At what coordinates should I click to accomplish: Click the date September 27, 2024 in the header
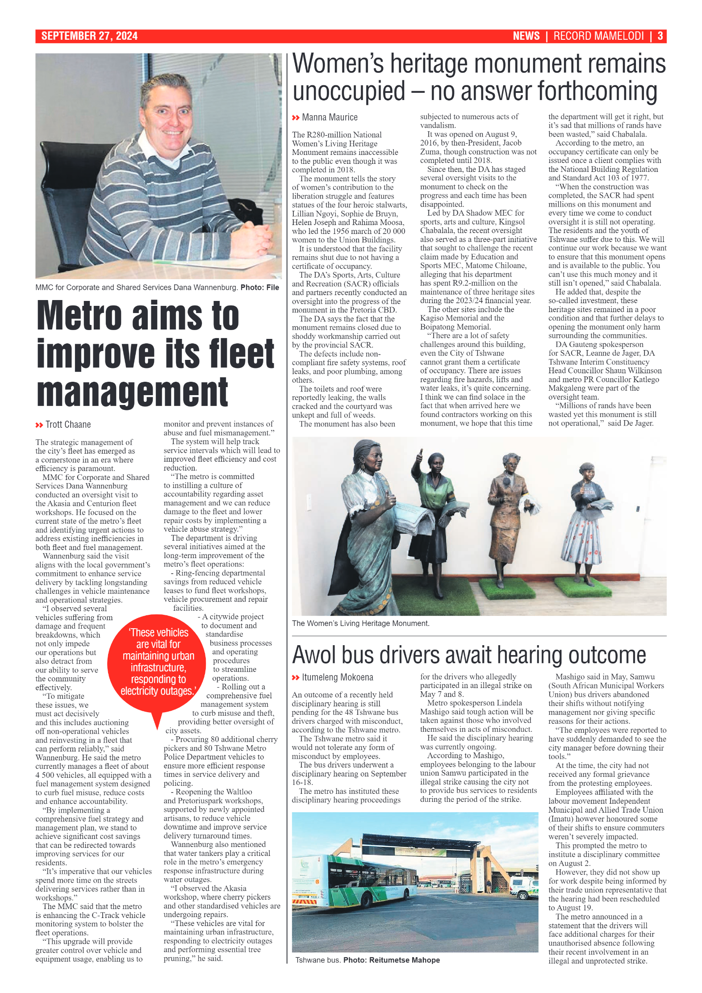(x=89, y=36)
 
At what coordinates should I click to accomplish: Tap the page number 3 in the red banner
(x=660, y=36)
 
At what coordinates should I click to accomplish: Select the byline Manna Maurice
(x=330, y=117)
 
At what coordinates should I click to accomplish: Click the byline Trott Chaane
(x=68, y=425)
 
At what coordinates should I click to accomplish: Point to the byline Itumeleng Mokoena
(x=337, y=677)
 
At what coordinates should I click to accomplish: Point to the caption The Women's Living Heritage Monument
(x=360, y=623)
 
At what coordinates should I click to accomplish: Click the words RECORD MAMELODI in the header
(x=598, y=36)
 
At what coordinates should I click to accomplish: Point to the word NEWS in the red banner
(x=526, y=36)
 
